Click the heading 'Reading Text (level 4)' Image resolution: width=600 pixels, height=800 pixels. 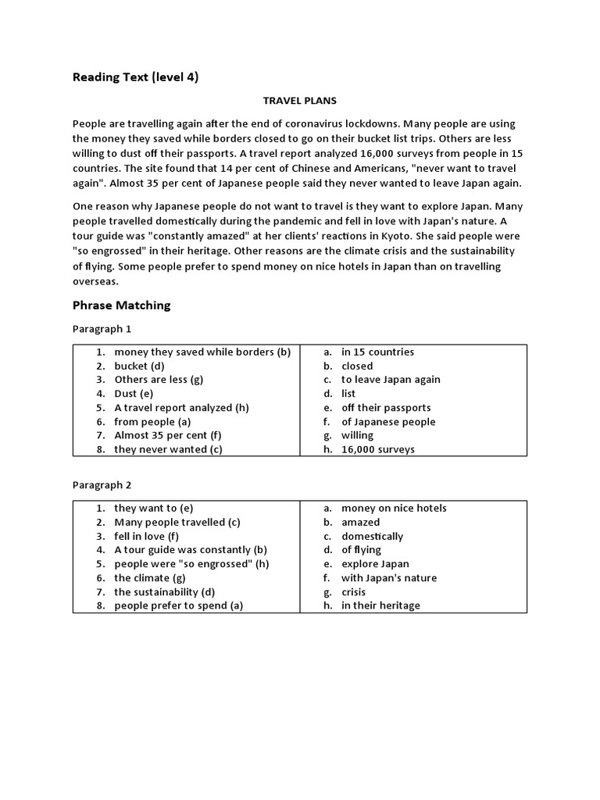[135, 77]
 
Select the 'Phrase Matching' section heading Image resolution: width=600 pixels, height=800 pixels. [121, 305]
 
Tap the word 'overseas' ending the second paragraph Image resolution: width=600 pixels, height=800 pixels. [95, 281]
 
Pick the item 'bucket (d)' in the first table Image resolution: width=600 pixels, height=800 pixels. [140, 366]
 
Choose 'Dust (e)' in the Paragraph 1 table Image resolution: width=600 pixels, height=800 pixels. [134, 394]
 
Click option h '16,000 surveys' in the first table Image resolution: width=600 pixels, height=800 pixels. [378, 449]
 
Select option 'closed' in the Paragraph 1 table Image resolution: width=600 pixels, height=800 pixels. [357, 366]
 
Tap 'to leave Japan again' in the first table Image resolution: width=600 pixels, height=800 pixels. [391, 380]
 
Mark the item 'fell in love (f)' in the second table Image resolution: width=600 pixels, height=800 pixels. [147, 536]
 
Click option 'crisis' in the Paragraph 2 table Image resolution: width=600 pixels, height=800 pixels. [353, 592]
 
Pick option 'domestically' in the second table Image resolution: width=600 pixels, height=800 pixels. [372, 536]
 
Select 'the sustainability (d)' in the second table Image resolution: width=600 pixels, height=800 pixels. [165, 592]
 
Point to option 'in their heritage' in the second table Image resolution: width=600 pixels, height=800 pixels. [380, 605]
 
